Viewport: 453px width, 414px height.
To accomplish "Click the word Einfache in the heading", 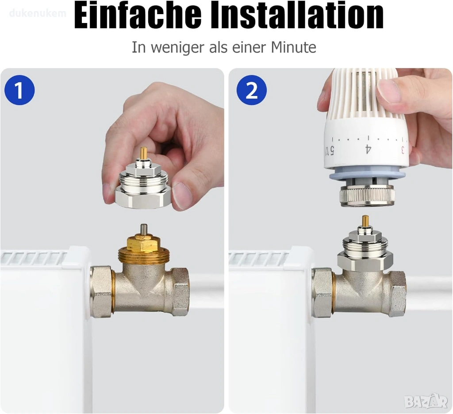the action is [x=138, y=15].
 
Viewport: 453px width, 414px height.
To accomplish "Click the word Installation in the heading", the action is [x=298, y=15].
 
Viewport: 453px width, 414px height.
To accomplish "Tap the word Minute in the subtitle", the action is [x=293, y=47].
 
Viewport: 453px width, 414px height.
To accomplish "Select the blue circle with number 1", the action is [x=19, y=90].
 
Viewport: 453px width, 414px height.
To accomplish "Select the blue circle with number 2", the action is [x=252, y=90].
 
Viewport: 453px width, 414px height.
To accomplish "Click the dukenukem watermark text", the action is [x=38, y=13].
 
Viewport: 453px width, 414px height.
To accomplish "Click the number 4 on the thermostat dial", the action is [x=368, y=149].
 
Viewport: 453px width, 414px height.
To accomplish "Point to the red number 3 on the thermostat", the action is [x=402, y=149].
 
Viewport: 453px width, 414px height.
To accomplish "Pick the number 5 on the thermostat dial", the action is [x=332, y=150].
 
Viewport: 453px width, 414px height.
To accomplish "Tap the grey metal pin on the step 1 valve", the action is [x=143, y=230].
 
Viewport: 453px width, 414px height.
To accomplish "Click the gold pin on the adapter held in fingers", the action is [x=142, y=155].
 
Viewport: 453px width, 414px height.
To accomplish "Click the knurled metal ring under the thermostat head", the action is [x=367, y=196].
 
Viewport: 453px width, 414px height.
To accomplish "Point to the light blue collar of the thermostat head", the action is [x=367, y=175].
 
